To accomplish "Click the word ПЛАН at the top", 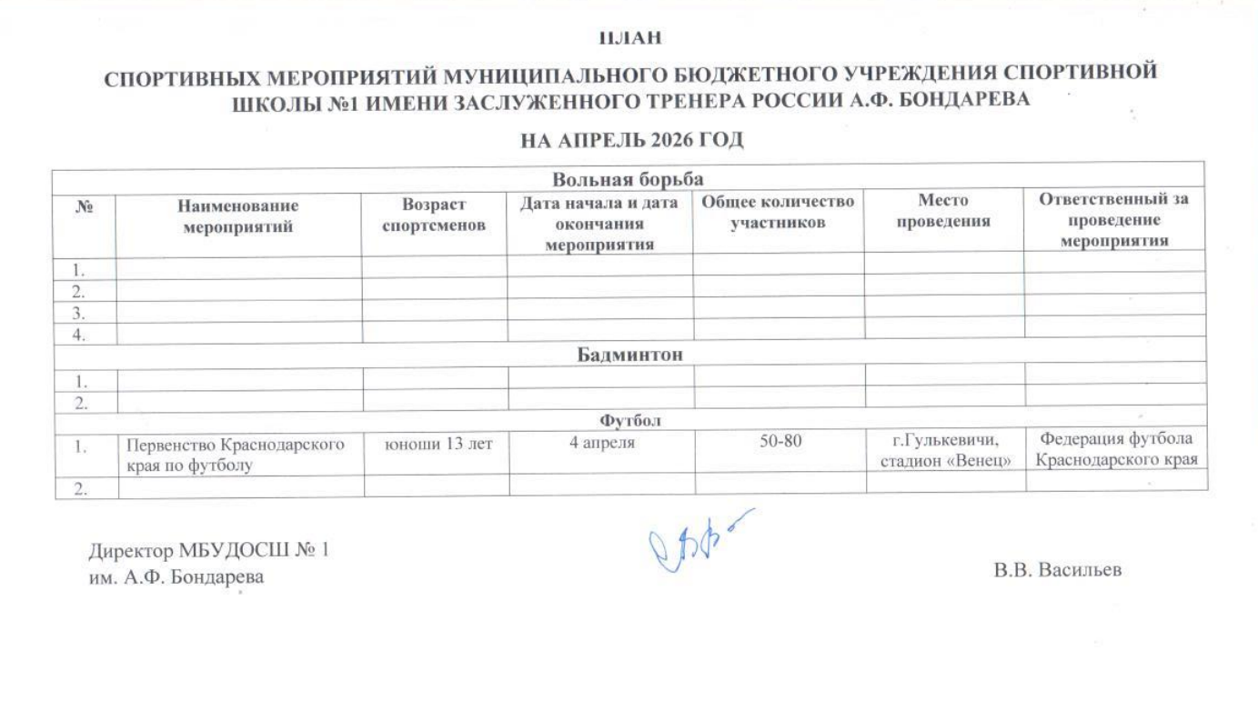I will pos(629,38).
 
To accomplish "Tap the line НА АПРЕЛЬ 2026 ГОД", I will pos(631,140).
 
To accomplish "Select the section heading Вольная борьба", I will pos(629,179).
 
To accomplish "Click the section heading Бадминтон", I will pos(630,353).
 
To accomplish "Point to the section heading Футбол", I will pos(629,420).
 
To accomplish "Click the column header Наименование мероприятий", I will pos(238,217).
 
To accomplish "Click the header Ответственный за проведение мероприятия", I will pos(1115,219).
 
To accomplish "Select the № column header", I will pos(85,207).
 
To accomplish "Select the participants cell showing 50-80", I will pos(780,445).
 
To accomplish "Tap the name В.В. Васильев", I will pos(1058,570).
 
